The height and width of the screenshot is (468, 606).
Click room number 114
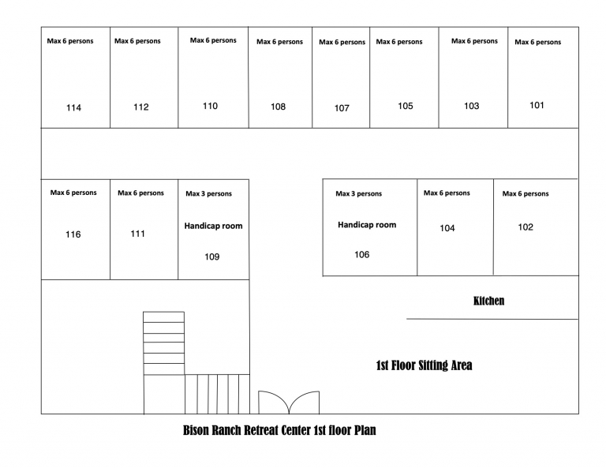coord(73,108)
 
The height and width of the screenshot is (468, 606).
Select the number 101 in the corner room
coord(537,106)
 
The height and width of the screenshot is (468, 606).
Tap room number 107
coord(342,108)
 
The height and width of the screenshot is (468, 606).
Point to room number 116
coord(73,234)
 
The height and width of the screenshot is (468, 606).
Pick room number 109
coord(211,257)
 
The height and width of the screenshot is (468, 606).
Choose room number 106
coord(361,255)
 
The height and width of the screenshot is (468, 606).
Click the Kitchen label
coord(488,301)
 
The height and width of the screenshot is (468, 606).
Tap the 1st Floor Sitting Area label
coord(424,365)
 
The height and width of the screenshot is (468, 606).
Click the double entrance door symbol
coord(289,402)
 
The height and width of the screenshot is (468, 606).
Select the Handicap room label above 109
coord(213,226)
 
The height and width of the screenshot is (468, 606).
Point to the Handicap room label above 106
coord(367,225)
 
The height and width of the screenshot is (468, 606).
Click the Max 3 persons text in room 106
coord(359,193)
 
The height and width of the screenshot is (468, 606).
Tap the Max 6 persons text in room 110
coord(213,40)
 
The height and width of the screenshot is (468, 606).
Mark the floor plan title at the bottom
coord(279,430)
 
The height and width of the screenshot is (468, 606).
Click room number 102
coord(526,227)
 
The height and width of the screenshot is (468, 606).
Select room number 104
coord(447,228)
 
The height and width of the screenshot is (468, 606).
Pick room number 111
coord(137,234)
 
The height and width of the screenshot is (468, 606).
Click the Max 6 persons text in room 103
coord(474,41)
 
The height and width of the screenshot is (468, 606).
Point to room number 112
coord(141,107)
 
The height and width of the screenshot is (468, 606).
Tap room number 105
coord(406,106)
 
